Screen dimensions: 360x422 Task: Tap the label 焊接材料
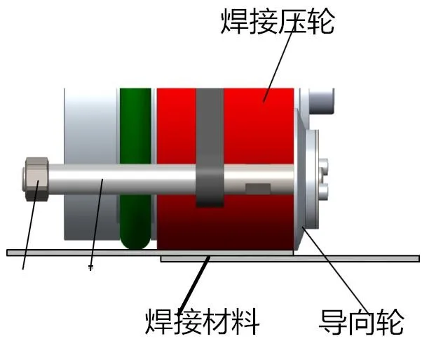tap(203, 322)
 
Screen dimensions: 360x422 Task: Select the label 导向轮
tap(362, 322)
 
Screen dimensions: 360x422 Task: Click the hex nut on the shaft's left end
tap(35, 177)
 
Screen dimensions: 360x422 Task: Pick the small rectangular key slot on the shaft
tap(257, 187)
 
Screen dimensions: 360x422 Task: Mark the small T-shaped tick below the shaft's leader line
tap(90, 267)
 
